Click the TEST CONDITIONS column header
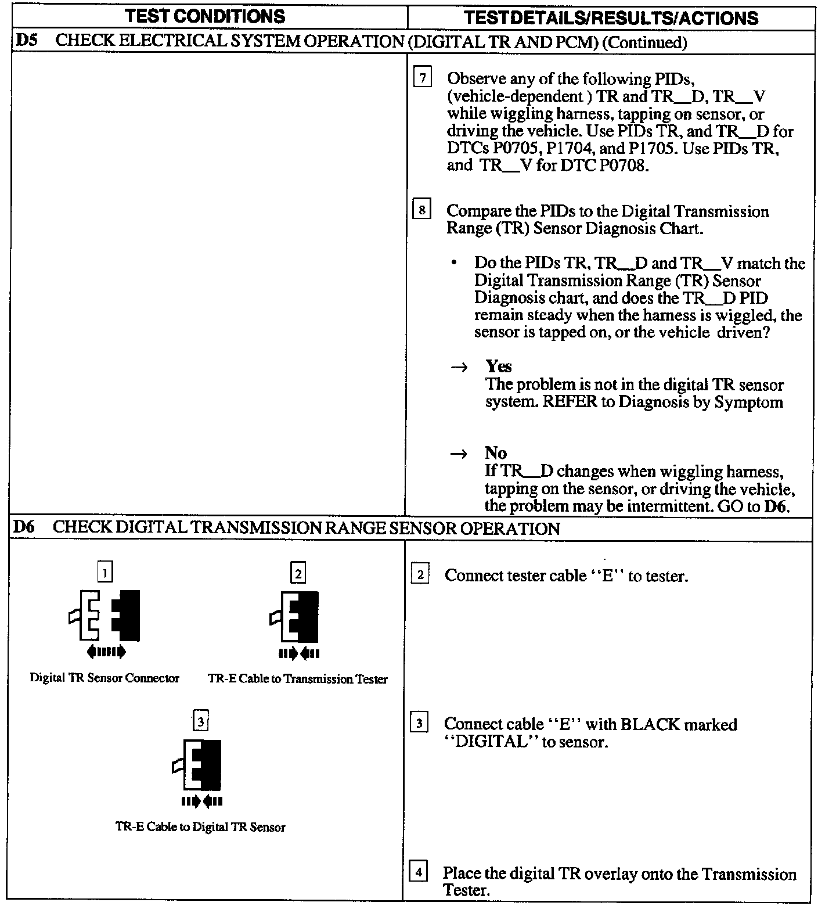tap(206, 16)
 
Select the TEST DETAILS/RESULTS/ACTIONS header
tap(611, 18)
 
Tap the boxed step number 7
tap(422, 77)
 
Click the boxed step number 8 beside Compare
tap(421, 209)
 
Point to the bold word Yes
tap(499, 366)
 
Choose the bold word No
tap(496, 453)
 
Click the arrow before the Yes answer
tap(460, 368)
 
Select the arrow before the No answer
tap(459, 454)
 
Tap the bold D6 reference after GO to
tap(775, 506)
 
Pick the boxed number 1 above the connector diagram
tap(105, 573)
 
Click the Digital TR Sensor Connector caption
tap(105, 678)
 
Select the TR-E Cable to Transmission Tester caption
tap(297, 679)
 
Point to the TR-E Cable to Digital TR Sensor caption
tap(200, 827)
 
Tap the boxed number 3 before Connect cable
tap(419, 724)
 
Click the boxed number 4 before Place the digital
tap(419, 872)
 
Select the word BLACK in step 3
tap(650, 724)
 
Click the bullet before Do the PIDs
tap(453, 264)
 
